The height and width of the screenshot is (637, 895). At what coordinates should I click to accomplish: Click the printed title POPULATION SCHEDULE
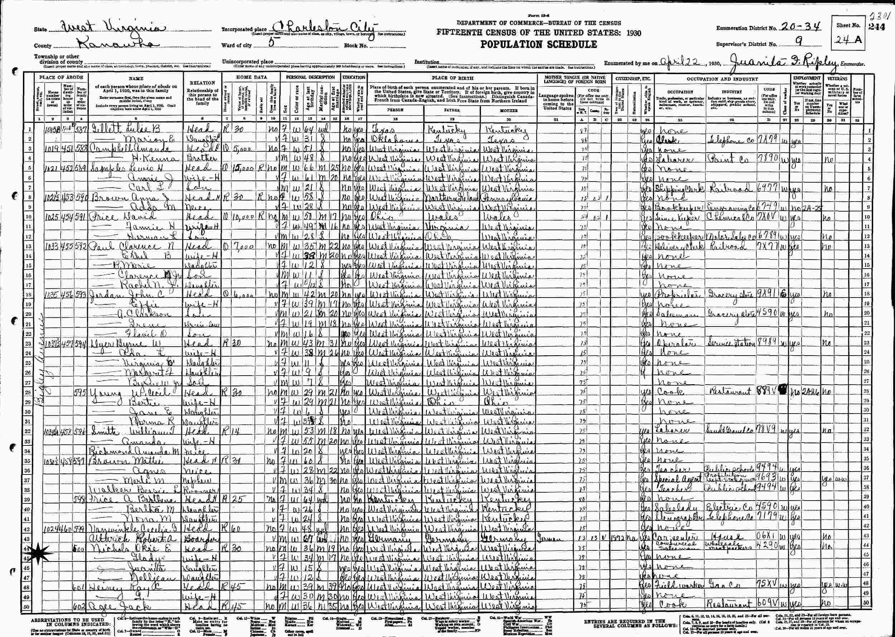[x=539, y=44]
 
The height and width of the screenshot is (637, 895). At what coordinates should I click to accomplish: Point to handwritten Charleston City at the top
[x=321, y=28]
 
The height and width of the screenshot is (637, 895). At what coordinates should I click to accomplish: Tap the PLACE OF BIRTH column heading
[x=453, y=78]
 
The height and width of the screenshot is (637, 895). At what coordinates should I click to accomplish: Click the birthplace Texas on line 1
[x=382, y=131]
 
